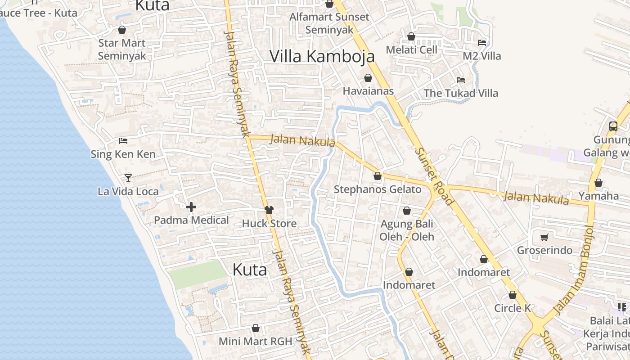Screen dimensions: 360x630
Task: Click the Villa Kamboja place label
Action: coord(322,56)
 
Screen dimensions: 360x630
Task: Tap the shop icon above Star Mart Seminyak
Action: coord(121,30)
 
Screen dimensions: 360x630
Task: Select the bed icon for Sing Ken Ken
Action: coord(123,141)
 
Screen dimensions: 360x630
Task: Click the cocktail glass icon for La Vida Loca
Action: coord(128,178)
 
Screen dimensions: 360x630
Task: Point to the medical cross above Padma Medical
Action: coord(191,207)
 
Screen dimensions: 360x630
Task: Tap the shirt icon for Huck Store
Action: coord(269,210)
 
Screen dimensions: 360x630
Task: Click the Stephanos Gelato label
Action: coord(378,189)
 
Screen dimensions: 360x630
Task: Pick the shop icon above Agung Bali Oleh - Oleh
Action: coord(407,210)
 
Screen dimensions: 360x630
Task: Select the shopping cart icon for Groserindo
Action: coord(544,237)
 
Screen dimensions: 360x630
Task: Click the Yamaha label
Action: coord(598,196)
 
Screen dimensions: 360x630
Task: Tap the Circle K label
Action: coord(513,308)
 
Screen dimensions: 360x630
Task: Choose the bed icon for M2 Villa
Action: coord(482,43)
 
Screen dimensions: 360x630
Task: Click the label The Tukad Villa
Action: coord(461,93)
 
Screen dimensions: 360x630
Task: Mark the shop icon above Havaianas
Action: coord(368,78)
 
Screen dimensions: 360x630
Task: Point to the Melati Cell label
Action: coord(411,49)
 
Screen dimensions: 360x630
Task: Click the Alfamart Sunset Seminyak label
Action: coord(329,23)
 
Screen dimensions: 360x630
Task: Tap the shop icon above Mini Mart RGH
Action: coord(256,328)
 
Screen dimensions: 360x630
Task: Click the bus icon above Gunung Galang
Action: coord(613,126)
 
